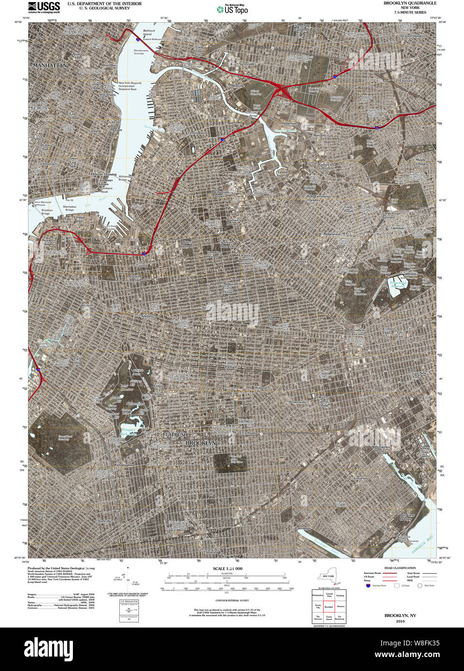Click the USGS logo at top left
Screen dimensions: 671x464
click(44, 6)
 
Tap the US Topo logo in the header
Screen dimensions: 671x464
click(232, 9)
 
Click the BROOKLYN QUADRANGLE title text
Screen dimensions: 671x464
click(410, 3)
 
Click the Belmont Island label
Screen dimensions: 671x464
click(147, 32)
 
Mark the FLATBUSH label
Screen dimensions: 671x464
click(174, 435)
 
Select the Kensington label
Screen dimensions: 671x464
click(124, 465)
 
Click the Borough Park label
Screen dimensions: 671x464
click(45, 515)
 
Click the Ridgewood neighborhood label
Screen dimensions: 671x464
click(332, 234)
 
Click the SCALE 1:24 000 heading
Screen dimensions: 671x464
click(227, 569)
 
